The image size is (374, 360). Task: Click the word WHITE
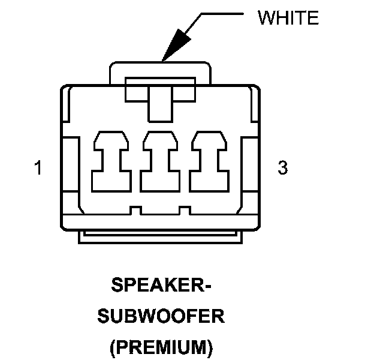coord(288,17)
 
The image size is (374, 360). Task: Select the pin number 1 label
coord(38,169)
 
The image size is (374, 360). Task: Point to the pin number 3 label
coord(282,168)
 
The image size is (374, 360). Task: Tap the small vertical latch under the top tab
coord(160,102)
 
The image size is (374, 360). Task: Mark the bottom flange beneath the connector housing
coord(161,238)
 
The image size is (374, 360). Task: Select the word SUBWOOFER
coord(161,316)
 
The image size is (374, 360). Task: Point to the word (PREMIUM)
coord(161,346)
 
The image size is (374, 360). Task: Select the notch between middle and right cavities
coord(185,211)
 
